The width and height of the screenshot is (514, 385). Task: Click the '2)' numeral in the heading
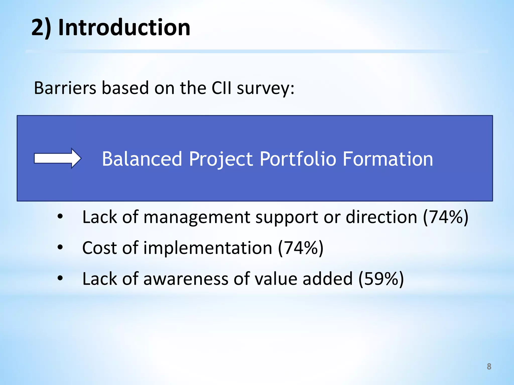(41, 28)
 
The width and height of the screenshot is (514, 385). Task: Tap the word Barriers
(65, 88)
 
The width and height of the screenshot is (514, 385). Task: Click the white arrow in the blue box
(57, 158)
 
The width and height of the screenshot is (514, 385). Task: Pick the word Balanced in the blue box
(142, 159)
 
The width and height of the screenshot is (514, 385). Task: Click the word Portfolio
(298, 159)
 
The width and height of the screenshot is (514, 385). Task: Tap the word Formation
(388, 159)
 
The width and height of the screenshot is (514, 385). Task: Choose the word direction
(381, 217)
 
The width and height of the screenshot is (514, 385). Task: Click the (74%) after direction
(445, 217)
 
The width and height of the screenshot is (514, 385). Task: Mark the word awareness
(186, 279)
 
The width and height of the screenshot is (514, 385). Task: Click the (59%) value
(381, 279)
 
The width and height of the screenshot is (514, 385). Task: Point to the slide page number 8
(489, 366)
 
